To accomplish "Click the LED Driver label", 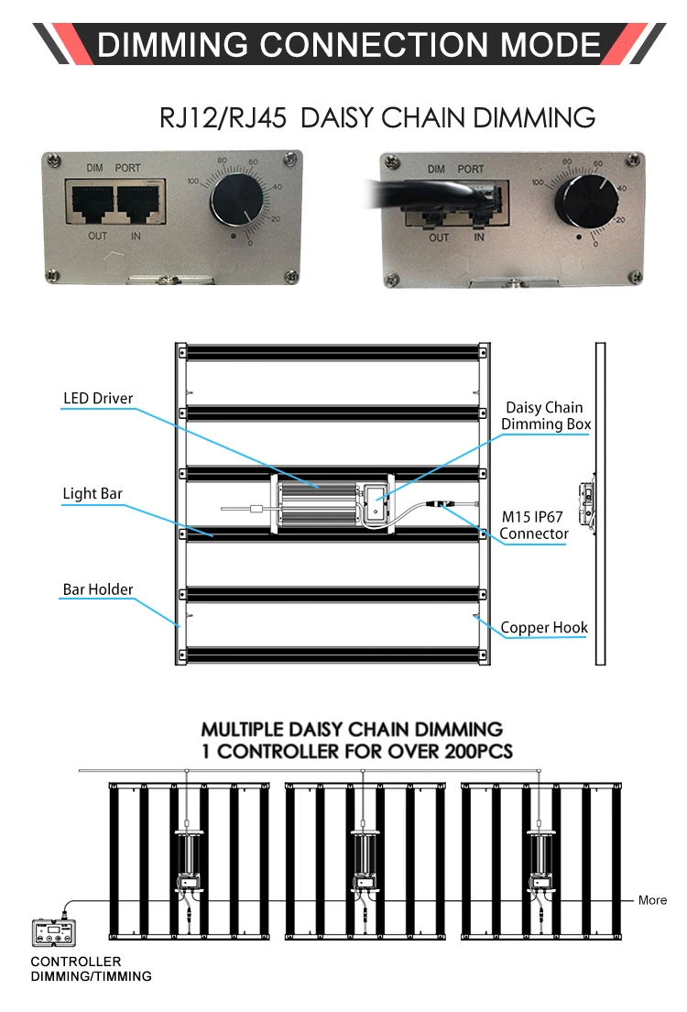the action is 98,399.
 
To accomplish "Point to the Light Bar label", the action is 93,494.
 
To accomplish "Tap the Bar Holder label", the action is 98,589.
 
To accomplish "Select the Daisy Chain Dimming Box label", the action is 545,415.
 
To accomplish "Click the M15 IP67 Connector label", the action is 534,525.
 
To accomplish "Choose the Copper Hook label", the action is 544,628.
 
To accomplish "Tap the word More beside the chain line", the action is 652,900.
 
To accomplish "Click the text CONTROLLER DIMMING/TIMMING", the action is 91,969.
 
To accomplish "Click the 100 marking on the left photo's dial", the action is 192,182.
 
